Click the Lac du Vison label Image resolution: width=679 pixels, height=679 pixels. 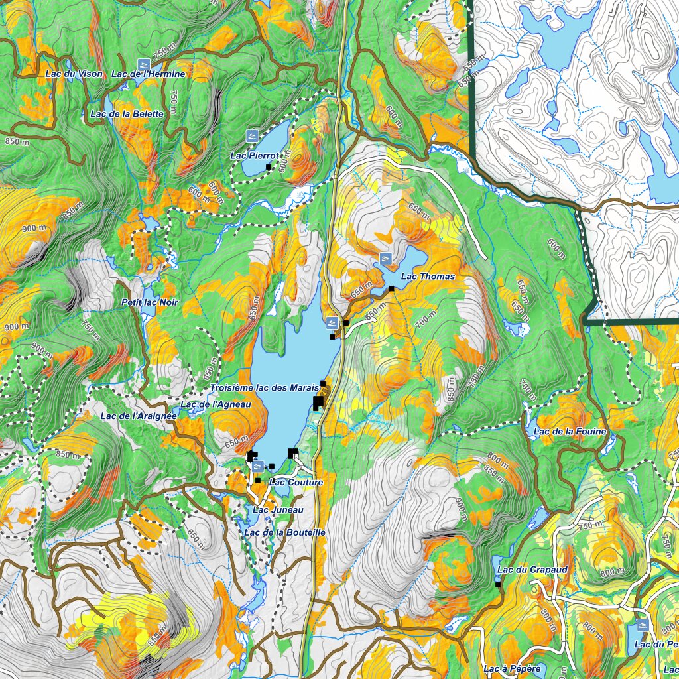pyautogui.click(x=74, y=74)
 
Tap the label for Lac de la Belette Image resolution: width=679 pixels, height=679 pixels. pyautogui.click(x=127, y=114)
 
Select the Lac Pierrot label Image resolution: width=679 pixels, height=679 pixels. pyautogui.click(x=254, y=156)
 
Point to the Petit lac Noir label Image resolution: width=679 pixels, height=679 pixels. pyautogui.click(x=150, y=302)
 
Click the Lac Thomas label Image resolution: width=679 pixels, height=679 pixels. pyautogui.click(x=428, y=276)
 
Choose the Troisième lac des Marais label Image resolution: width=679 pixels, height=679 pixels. pyautogui.click(x=265, y=387)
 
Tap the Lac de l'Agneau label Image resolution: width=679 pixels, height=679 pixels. pyautogui.click(x=216, y=404)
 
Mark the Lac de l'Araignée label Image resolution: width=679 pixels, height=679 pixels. pyautogui.click(x=139, y=416)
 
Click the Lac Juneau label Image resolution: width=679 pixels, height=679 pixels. pyautogui.click(x=278, y=509)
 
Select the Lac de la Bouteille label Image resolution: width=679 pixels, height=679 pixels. pyautogui.click(x=284, y=532)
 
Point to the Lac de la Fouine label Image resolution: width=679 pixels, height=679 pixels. pyautogui.click(x=570, y=432)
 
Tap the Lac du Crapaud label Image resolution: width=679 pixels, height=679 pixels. pyautogui.click(x=532, y=570)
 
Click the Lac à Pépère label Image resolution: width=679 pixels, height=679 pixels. pyautogui.click(x=512, y=668)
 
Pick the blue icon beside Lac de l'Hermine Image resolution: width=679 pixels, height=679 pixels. pyautogui.click(x=141, y=63)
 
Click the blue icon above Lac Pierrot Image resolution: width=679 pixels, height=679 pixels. pyautogui.click(x=252, y=136)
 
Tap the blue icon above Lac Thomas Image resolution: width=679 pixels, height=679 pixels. pyautogui.click(x=385, y=257)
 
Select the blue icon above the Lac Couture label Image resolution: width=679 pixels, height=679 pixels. pyautogui.click(x=257, y=466)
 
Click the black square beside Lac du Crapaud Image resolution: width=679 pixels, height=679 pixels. pyautogui.click(x=498, y=585)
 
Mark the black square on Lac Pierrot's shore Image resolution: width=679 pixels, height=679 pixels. pyautogui.click(x=269, y=166)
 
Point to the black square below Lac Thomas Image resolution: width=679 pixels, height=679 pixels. pyautogui.click(x=391, y=288)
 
